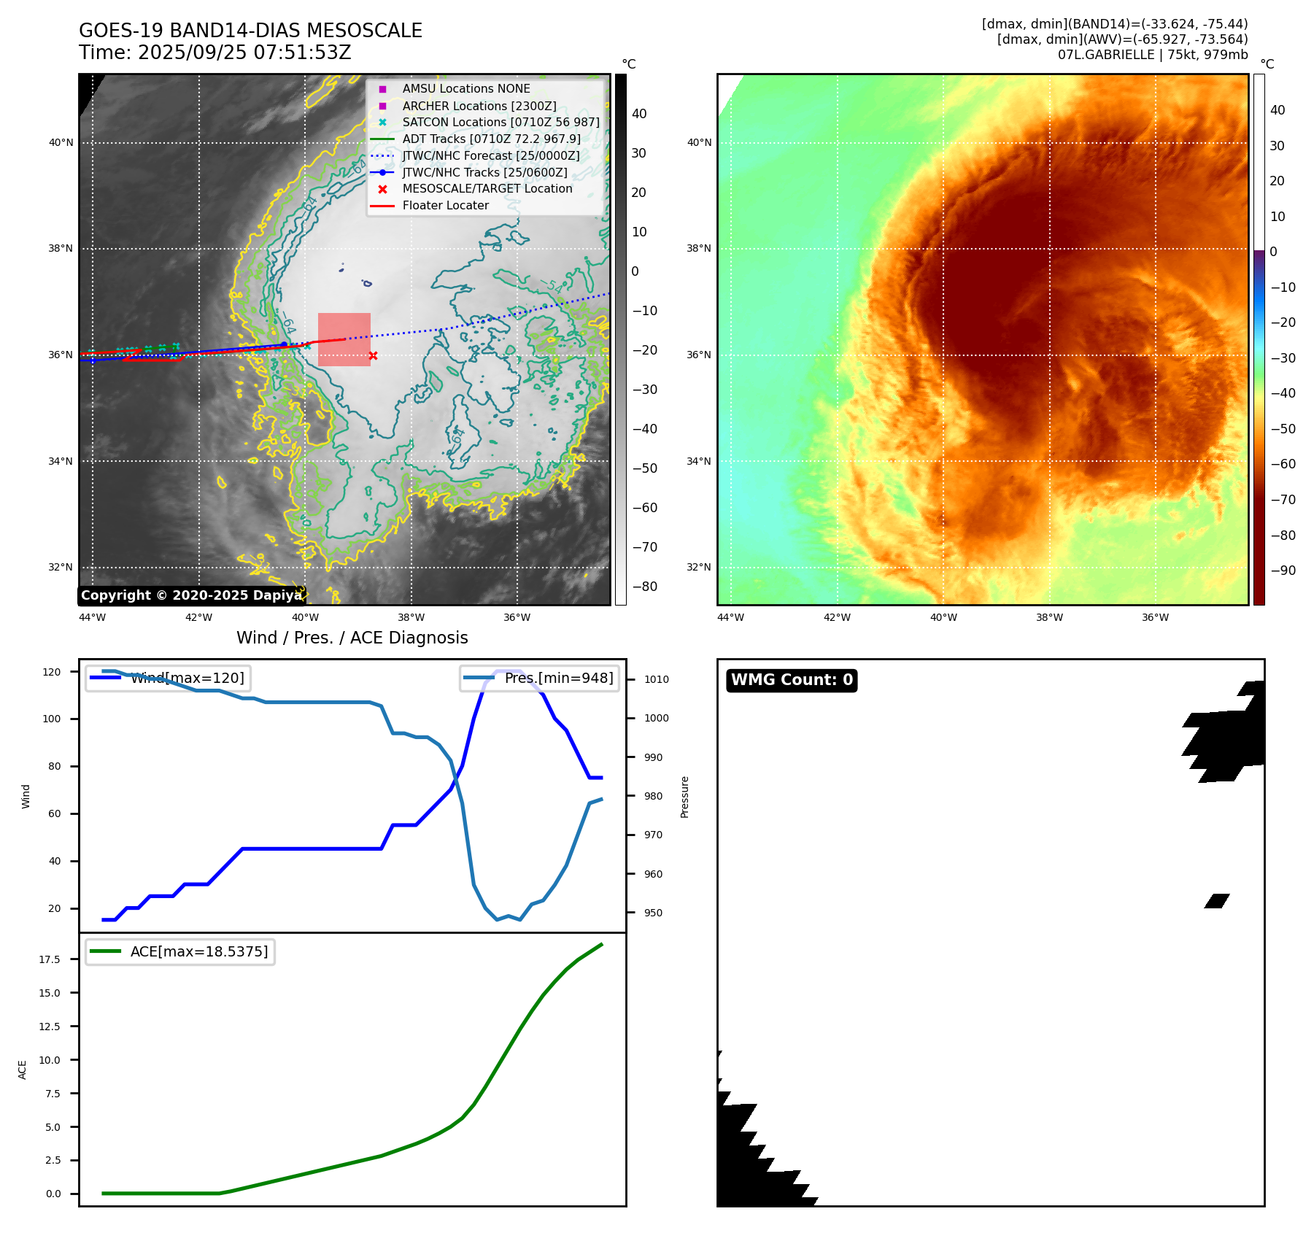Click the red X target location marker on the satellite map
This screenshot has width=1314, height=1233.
(373, 356)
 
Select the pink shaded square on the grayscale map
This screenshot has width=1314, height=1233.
(344, 339)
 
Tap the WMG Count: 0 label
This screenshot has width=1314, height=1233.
(792, 680)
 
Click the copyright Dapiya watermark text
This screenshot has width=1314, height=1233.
(191, 595)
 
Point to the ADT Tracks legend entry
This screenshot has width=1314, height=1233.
(491, 139)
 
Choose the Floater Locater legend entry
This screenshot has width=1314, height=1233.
(445, 206)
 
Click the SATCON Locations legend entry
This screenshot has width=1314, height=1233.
(501, 122)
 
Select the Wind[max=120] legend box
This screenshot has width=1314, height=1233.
(168, 678)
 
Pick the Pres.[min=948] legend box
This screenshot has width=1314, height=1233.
(540, 678)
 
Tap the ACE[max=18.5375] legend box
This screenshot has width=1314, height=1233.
(180, 951)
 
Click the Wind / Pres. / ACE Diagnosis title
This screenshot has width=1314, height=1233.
(352, 638)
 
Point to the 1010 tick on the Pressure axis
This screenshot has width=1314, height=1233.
(656, 679)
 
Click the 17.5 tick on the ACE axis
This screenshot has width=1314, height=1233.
(50, 959)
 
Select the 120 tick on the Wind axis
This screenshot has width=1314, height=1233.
(52, 672)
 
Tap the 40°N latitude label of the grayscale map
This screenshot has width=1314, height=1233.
(61, 143)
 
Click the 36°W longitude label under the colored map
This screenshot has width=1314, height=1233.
(1155, 617)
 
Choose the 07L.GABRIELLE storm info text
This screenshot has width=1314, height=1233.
(1153, 55)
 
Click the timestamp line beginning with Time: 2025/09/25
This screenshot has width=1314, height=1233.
(215, 53)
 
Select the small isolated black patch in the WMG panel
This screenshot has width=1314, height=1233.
(1217, 900)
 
